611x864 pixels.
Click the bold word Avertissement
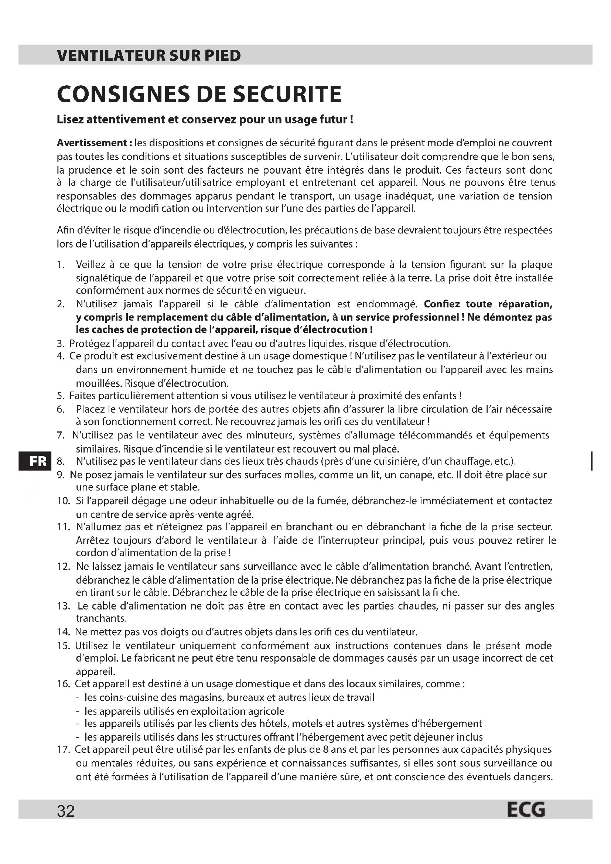[x=92, y=143]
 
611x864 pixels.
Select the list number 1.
[x=61, y=264]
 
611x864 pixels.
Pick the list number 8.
[x=61, y=461]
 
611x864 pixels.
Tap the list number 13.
[x=64, y=606]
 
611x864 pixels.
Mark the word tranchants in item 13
[x=101, y=618]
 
